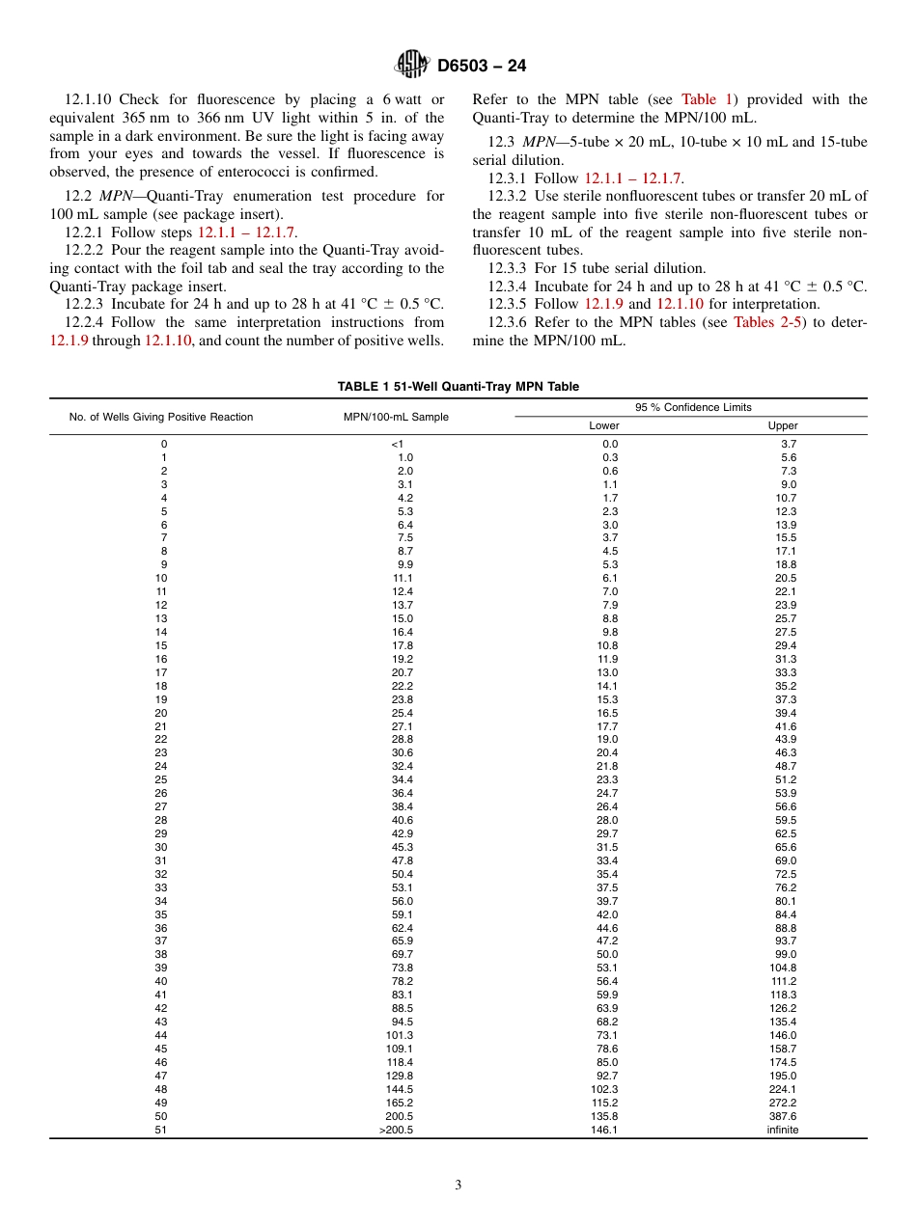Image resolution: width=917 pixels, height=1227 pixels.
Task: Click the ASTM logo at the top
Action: [x=412, y=66]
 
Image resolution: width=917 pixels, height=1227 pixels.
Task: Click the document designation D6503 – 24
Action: [x=482, y=67]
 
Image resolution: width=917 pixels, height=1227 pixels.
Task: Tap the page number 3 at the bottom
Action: [x=458, y=1186]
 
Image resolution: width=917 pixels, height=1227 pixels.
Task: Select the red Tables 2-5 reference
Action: [x=766, y=322]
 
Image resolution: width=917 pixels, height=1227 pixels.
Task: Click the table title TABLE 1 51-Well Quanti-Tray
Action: [x=458, y=387]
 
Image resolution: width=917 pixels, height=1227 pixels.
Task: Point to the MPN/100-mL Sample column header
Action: [x=396, y=417]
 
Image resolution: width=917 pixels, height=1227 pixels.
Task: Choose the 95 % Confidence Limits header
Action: [x=692, y=407]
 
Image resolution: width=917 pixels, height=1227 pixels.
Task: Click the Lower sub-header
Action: [x=604, y=425]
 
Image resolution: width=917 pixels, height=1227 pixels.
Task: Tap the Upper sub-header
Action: [x=783, y=425]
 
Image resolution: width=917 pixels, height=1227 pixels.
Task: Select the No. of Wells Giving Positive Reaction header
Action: [x=161, y=417]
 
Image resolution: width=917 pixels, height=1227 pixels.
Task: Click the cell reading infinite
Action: [x=783, y=1130]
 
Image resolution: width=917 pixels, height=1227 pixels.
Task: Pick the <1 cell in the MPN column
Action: [x=397, y=444]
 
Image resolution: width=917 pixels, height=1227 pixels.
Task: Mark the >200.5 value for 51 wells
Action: [x=396, y=1130]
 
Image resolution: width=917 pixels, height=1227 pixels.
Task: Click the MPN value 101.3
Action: [x=399, y=1035]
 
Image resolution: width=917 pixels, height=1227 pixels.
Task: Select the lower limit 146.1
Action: [x=603, y=1130]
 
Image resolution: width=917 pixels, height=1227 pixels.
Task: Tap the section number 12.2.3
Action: [x=85, y=304]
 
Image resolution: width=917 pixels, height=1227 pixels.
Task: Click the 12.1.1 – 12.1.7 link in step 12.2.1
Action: [x=247, y=232]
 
